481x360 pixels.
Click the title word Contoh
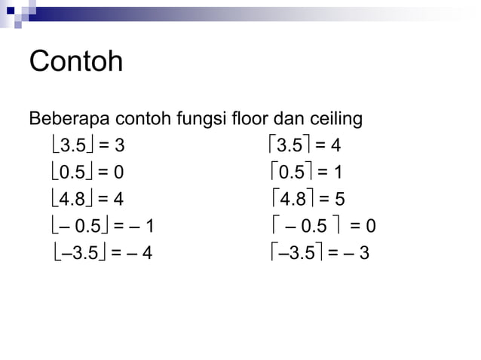[x=75, y=62]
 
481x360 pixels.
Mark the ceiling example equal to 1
[x=305, y=172]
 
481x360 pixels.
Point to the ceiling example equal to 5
[x=305, y=199]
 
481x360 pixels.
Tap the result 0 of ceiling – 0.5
[x=370, y=226]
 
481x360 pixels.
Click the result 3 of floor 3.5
[x=119, y=145]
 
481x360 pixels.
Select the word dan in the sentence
[x=286, y=119]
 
